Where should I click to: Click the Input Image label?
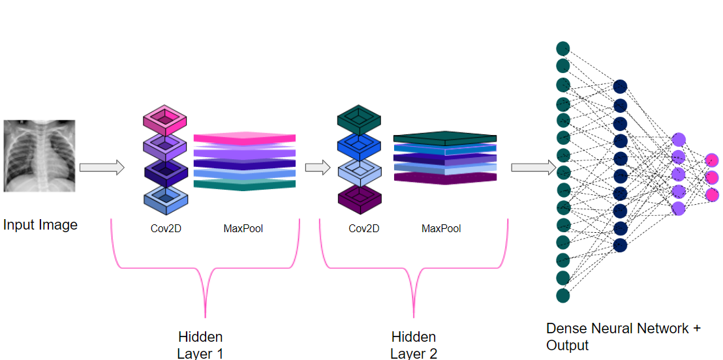coord(40,225)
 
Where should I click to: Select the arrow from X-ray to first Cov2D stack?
coord(101,168)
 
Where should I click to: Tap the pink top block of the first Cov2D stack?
coord(165,118)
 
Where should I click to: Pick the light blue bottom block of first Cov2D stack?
coord(165,196)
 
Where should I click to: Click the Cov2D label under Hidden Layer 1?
coord(165,228)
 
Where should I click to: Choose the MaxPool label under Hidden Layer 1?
coord(243,228)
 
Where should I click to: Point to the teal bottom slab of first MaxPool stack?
coord(245,185)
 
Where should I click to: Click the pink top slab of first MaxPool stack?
coord(245,138)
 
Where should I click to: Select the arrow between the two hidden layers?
coord(317,168)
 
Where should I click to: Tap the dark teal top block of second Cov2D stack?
coord(359,118)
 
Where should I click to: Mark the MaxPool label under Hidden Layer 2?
coord(441,228)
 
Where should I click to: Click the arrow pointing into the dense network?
coord(532,168)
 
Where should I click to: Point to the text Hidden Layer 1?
coord(200,345)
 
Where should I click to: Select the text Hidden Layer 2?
coord(414,345)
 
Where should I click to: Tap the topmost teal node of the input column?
coord(563,48)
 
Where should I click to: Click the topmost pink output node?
coord(712,160)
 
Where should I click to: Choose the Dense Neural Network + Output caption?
coord(623,337)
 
